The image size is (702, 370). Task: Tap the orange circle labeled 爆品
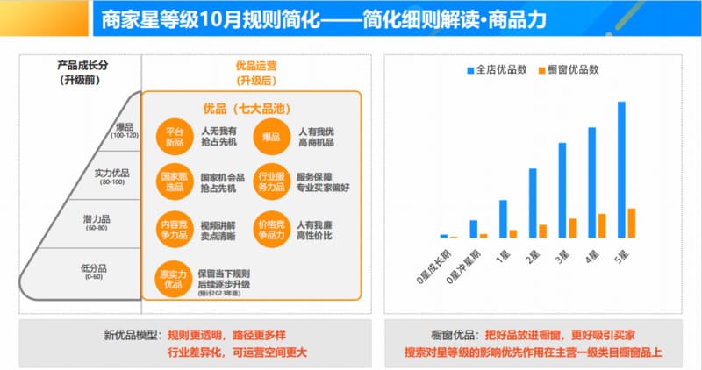click(x=270, y=137)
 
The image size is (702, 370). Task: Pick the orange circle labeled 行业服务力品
click(x=270, y=181)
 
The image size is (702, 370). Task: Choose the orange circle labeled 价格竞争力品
click(x=270, y=229)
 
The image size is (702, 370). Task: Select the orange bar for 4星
click(x=602, y=225)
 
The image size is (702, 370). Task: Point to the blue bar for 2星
click(x=533, y=203)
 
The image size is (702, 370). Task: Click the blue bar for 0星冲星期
click(x=474, y=229)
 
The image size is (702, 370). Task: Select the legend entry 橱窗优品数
click(x=574, y=68)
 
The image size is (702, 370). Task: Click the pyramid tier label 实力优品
click(x=111, y=175)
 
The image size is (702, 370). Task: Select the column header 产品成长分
click(x=80, y=65)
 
